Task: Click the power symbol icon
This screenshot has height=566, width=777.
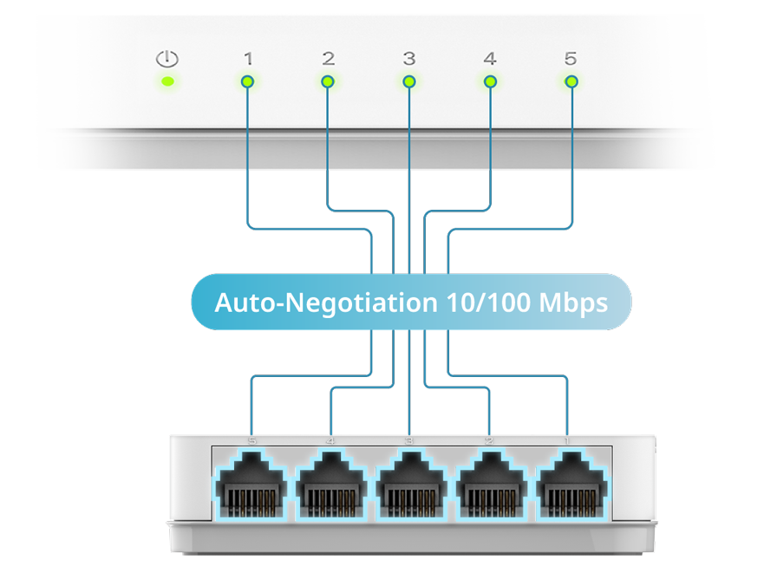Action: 166,59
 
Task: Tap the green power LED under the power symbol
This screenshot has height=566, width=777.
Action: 167,82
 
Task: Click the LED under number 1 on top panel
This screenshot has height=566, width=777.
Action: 247,81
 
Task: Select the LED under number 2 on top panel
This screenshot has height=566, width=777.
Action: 328,81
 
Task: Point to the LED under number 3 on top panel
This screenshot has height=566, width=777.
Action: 409,81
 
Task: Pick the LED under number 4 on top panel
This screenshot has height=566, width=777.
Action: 490,81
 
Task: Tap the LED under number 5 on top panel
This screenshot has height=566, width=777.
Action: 571,81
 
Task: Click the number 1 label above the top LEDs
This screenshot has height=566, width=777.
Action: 248,59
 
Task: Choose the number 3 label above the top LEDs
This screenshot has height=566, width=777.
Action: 409,59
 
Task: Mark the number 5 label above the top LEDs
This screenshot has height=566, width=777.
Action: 570,59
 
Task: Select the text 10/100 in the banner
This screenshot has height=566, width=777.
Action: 487,303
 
